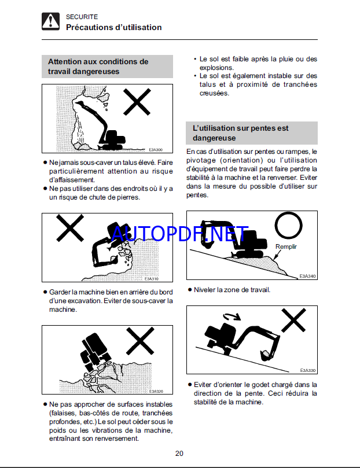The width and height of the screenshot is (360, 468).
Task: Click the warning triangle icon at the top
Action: (x=50, y=21)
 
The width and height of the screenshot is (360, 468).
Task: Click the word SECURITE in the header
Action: (x=82, y=17)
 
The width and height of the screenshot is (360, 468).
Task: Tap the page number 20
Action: (x=179, y=454)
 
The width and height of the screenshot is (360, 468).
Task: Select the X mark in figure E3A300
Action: (x=137, y=102)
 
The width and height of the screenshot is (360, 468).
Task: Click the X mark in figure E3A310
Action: (x=70, y=228)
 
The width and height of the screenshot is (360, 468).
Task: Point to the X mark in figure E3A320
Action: (x=140, y=341)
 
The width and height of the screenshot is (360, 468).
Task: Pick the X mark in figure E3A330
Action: (x=294, y=320)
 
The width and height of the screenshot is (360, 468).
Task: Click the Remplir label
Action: (x=286, y=246)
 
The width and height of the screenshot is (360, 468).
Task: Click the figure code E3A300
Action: (x=156, y=150)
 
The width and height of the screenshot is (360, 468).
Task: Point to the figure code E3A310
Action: (x=151, y=279)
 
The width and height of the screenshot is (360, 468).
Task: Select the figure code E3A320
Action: (x=156, y=391)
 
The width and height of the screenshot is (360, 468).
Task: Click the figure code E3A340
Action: (x=307, y=277)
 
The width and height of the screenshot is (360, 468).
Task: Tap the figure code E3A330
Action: (x=308, y=370)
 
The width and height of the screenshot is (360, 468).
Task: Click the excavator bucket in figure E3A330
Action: (x=266, y=355)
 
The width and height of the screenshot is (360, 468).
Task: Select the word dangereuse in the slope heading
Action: (x=214, y=138)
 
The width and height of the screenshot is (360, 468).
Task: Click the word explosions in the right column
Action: (x=216, y=68)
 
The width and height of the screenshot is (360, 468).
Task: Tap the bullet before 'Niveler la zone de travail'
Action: (x=190, y=289)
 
